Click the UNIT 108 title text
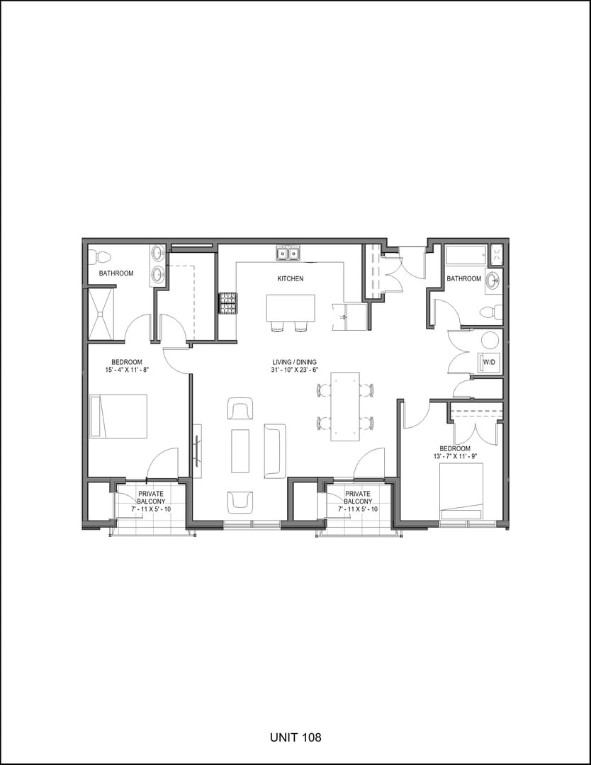tap(295, 737)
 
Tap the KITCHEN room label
tap(290, 279)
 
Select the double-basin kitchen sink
tap(288, 254)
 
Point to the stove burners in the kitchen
tap(227, 305)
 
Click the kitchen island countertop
tap(291, 308)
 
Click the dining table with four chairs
tap(345, 406)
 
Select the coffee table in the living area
tap(240, 451)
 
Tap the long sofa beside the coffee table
tap(275, 451)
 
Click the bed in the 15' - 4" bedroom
tap(118, 416)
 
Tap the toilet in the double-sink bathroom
tap(100, 256)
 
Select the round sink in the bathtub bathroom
tap(492, 279)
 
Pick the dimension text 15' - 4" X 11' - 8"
tap(116, 369)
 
